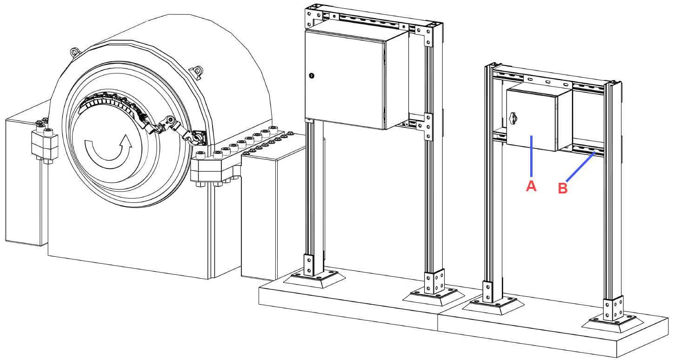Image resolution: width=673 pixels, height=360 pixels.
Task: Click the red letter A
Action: point(531,187)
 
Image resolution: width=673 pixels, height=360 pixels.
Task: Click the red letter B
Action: point(563,188)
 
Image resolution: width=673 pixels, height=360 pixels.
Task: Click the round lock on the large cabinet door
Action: point(312,76)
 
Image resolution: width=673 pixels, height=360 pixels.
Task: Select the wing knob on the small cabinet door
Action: point(513,118)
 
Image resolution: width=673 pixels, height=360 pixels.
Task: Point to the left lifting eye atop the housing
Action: point(74,52)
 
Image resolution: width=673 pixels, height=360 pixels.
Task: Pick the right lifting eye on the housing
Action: point(197,71)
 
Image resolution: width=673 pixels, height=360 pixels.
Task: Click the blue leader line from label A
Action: point(532,156)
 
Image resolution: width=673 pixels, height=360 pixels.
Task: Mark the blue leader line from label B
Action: point(580,167)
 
